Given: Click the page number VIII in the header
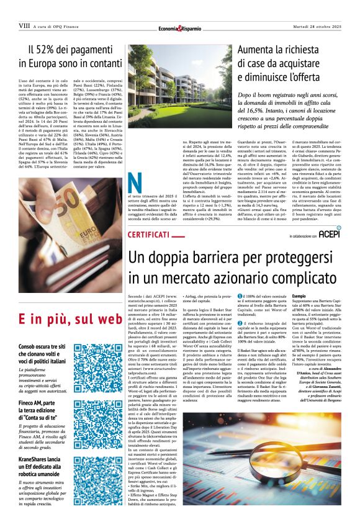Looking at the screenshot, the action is click(25, 25).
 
